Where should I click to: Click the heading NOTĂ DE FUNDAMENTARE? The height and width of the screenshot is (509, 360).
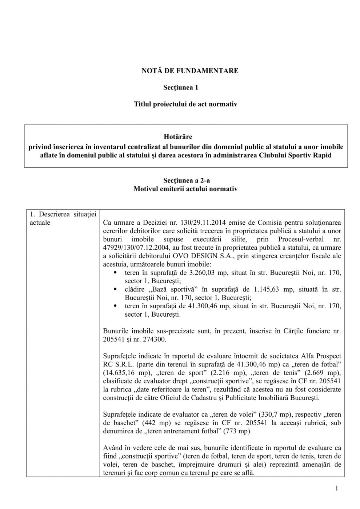pos(190,71)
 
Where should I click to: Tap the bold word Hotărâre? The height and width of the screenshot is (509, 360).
pos(178,137)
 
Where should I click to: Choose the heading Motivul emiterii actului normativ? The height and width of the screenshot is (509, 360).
pos(185,189)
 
